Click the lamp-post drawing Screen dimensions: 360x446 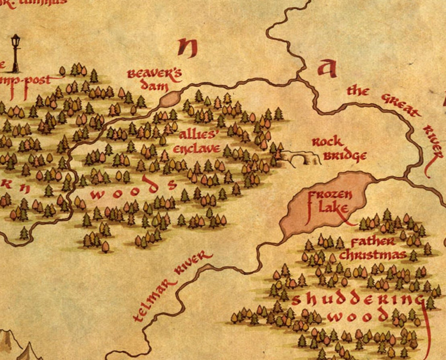[x=16, y=54]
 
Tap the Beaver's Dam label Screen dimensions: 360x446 [x=155, y=80]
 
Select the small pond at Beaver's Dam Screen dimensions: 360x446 [x=171, y=99]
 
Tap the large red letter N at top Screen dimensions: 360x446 [x=188, y=48]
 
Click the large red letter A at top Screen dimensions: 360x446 [x=326, y=68]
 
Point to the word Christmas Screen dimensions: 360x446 [x=373, y=255]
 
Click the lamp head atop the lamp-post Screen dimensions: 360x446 [x=16, y=41]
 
